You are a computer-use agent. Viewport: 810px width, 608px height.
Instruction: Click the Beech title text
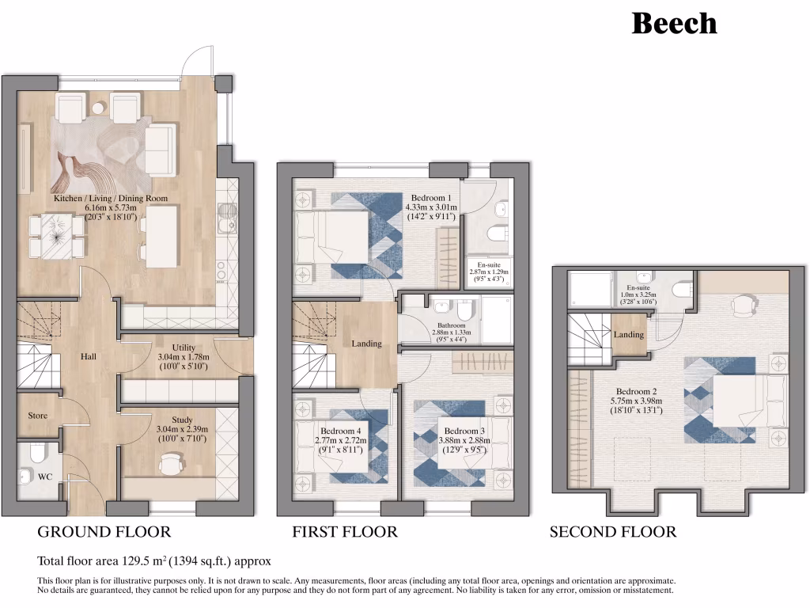click(674, 24)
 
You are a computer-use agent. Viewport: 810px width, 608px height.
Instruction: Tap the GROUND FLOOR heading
click(104, 532)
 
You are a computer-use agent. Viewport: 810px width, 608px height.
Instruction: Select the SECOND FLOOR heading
click(613, 532)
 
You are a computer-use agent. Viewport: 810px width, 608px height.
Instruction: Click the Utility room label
click(184, 348)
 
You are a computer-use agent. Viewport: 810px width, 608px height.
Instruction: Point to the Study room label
click(183, 420)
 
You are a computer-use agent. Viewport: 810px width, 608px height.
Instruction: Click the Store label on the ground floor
click(38, 416)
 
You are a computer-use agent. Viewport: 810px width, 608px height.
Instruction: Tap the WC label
click(45, 477)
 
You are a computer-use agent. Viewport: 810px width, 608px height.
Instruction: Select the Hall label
click(89, 356)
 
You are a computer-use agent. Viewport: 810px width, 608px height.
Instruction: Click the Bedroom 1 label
click(431, 198)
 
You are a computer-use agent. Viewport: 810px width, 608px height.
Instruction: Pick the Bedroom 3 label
click(464, 431)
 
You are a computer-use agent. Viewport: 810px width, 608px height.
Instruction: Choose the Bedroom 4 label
click(340, 431)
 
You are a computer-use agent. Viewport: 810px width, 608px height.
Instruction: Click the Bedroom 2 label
click(637, 391)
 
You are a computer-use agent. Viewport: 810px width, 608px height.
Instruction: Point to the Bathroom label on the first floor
click(452, 325)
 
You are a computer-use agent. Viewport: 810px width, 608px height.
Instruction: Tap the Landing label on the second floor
click(629, 335)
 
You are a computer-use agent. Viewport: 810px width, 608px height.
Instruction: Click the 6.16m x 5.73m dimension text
click(111, 208)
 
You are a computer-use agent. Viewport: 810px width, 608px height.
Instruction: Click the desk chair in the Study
click(172, 463)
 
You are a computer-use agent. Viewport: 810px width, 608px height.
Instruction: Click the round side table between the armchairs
click(98, 108)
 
